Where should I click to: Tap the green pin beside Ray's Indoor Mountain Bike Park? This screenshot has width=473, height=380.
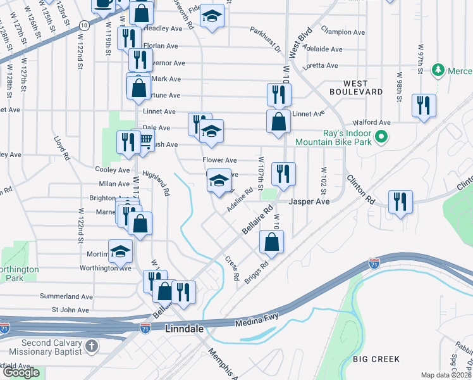(381, 136)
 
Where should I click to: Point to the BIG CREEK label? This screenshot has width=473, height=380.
(376, 359)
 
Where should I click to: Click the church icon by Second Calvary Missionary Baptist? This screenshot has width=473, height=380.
(92, 346)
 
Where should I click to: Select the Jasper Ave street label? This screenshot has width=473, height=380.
(309, 202)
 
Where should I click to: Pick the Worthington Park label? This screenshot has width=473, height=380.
(19, 274)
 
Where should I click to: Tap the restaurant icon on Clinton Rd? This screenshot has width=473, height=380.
(400, 202)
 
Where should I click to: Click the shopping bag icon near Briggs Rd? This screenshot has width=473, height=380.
(271, 241)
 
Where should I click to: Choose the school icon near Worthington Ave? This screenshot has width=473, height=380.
(120, 251)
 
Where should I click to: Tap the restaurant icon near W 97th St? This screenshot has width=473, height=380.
(423, 105)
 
